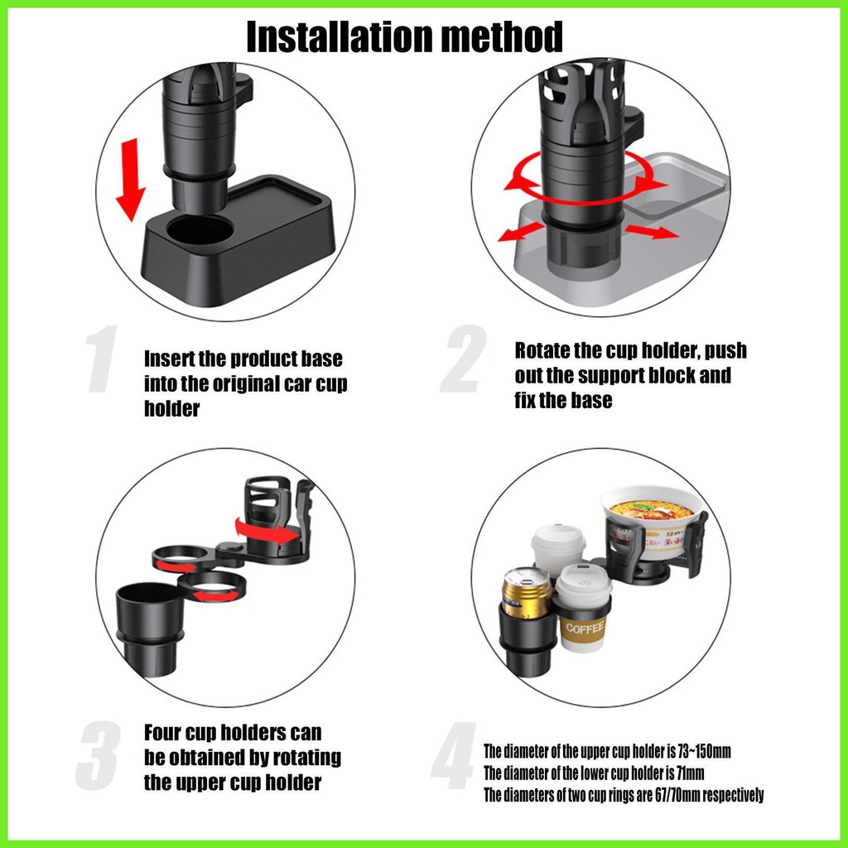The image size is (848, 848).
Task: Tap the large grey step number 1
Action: point(102,359)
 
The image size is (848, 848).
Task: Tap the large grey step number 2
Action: point(464,359)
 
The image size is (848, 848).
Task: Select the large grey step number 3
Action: point(98,755)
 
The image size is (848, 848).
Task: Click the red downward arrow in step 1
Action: point(132,180)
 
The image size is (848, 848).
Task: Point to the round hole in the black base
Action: point(200,230)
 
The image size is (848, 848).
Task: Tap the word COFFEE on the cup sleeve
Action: point(585,628)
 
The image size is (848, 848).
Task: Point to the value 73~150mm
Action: point(704,751)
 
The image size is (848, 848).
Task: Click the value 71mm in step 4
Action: point(691,773)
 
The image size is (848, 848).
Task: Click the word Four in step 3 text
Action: point(163,733)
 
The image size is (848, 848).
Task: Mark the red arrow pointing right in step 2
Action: point(653,232)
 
